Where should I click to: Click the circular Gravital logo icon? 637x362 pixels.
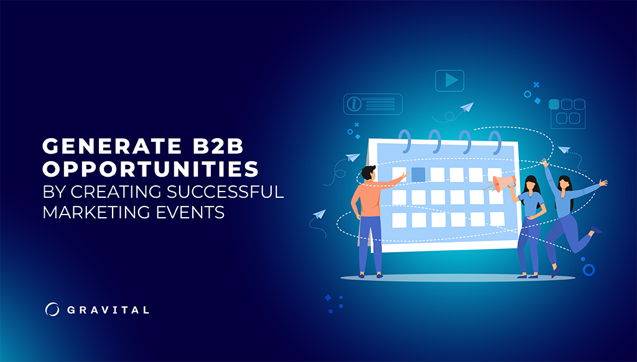[x=52, y=309]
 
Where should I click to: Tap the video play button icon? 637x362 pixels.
[x=450, y=81]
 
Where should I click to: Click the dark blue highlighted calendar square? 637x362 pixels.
[x=418, y=174]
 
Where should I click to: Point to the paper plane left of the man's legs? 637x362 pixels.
[x=320, y=215]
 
